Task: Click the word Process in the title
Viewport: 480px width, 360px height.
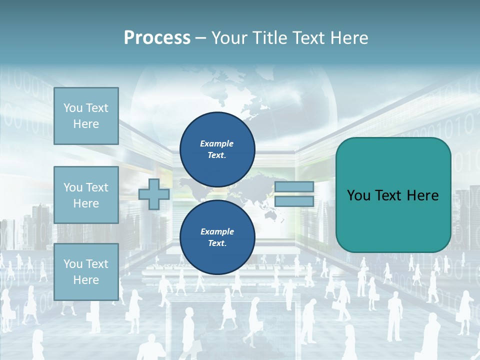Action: (x=157, y=38)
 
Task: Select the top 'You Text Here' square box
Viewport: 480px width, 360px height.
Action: (x=86, y=116)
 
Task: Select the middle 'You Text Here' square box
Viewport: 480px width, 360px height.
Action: (x=86, y=195)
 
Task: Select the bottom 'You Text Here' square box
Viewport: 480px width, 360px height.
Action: (x=86, y=272)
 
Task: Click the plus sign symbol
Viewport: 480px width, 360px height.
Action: (x=153, y=194)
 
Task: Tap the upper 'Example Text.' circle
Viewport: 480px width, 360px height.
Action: (x=217, y=149)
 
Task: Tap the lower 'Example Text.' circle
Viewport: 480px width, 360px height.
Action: (x=217, y=237)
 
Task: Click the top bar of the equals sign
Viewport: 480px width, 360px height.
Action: (x=294, y=187)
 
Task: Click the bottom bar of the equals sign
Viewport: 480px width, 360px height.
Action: (x=294, y=201)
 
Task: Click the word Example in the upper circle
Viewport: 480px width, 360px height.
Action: (x=217, y=143)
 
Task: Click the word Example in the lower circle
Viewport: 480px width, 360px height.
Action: (x=217, y=231)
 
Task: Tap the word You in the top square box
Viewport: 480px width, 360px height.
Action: (x=72, y=108)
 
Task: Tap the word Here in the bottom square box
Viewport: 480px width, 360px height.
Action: (x=86, y=280)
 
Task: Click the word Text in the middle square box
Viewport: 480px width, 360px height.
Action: (x=96, y=187)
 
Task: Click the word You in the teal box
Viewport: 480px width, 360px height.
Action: (x=358, y=195)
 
